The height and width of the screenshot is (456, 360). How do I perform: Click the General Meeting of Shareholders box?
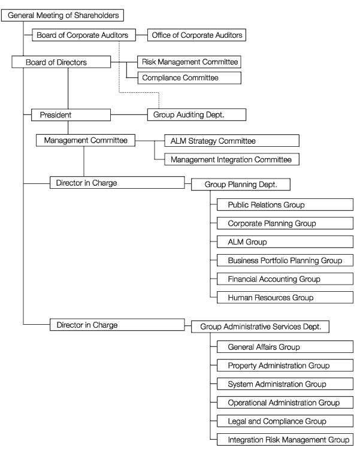click(62, 15)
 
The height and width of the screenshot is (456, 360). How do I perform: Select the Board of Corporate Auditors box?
click(84, 35)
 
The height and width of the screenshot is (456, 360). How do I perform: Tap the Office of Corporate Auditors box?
click(196, 35)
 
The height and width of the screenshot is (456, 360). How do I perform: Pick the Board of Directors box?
click(61, 62)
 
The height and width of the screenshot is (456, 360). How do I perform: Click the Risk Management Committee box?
click(189, 62)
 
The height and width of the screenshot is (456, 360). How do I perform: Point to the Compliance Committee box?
click(189, 78)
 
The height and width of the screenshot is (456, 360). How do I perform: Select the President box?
click(71, 115)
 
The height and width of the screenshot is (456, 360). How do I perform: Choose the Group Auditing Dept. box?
click(196, 114)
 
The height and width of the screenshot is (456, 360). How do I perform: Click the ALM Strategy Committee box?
click(232, 141)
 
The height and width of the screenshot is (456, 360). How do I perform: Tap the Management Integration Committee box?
click(232, 159)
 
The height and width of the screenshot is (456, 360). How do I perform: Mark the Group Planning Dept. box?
click(241, 185)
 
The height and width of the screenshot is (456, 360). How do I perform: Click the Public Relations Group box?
click(285, 205)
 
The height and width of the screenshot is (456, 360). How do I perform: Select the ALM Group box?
click(285, 242)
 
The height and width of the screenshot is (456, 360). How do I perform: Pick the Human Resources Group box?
click(285, 297)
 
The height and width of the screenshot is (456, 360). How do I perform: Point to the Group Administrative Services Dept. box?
click(260, 327)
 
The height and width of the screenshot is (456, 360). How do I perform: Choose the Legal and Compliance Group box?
click(285, 421)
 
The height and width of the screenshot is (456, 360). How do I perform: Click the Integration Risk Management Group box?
click(285, 440)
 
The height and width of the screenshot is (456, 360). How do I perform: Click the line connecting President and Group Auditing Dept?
click(129, 114)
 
